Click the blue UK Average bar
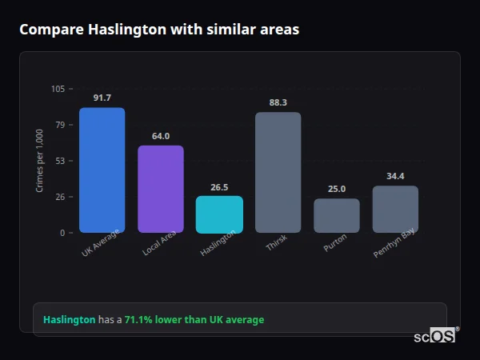102,170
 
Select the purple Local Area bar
161,189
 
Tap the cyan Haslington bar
219,214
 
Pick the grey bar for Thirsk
278,172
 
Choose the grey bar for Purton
337,215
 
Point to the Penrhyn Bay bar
395,209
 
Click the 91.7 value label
102,98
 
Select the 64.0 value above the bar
161,136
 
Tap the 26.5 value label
219,187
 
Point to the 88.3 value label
278,102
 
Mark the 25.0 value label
337,190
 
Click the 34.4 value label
395,176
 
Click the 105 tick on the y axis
58,89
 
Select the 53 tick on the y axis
60,161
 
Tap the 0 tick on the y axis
62,233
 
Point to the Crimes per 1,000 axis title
39,161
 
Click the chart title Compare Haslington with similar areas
159,30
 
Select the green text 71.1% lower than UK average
194,320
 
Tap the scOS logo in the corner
434,337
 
